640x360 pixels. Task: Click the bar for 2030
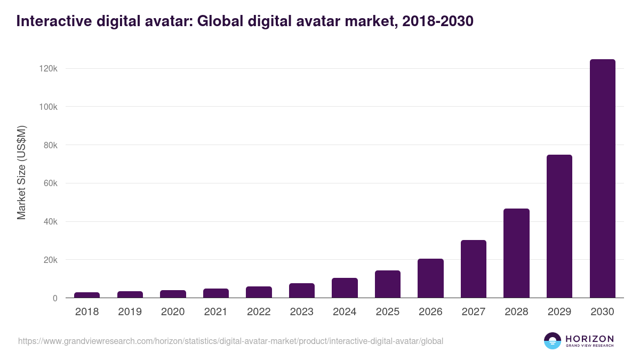click(602, 179)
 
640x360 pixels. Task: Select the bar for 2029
click(559, 226)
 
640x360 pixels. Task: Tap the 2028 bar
click(516, 253)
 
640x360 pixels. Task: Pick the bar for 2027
click(474, 269)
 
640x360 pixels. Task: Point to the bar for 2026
click(430, 278)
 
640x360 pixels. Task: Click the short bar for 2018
click(87, 295)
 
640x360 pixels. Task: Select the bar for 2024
click(345, 288)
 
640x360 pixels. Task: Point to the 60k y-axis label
click(49, 183)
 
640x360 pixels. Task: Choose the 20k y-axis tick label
click(49, 260)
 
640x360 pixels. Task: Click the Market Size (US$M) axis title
click(22, 173)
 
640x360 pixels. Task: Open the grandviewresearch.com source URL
click(230, 341)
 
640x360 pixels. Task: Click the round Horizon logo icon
click(552, 341)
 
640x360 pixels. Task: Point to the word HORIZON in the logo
click(590, 338)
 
